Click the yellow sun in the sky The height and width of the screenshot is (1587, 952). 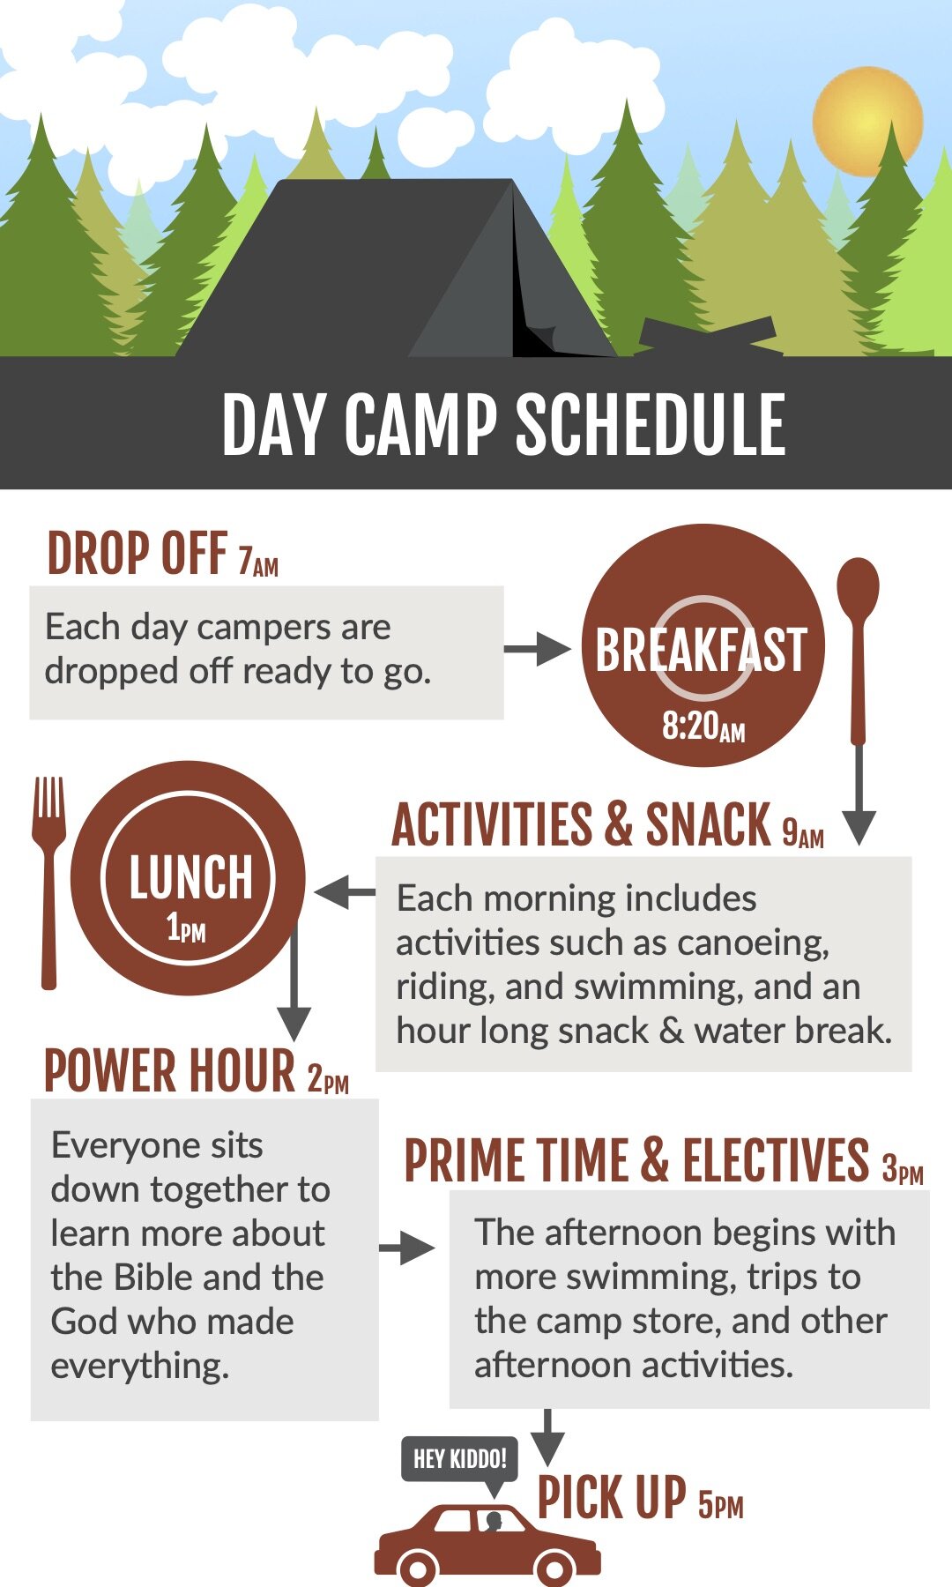coord(867,121)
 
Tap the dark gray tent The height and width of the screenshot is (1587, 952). coord(397,269)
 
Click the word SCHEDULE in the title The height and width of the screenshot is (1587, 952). coord(650,425)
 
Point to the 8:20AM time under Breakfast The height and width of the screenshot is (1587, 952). coord(703,726)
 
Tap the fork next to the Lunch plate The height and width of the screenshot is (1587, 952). coord(49,882)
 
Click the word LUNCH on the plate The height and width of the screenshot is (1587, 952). coord(190,877)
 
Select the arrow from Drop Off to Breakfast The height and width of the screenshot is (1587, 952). coord(538,650)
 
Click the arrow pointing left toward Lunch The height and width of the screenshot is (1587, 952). coord(345,892)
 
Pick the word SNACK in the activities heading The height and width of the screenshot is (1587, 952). coord(708,825)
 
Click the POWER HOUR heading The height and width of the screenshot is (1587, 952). coord(169,1071)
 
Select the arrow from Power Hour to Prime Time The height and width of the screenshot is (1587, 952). coord(407,1248)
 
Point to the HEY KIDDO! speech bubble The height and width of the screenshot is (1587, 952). coord(459,1459)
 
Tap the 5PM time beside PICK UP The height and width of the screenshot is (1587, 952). coord(721,1504)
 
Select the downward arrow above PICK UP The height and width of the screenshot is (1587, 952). coord(547,1438)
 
